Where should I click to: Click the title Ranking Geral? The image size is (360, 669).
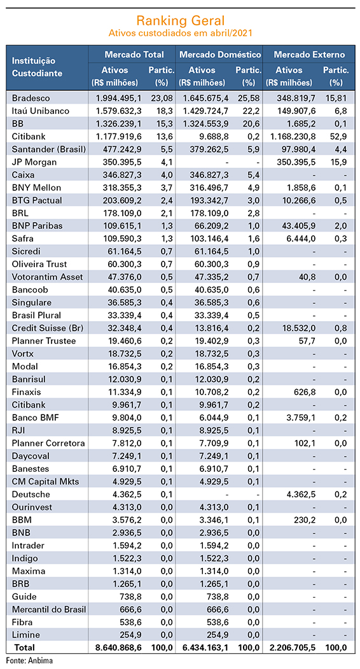tap(180, 20)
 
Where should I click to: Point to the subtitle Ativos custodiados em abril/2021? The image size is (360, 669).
tap(180, 33)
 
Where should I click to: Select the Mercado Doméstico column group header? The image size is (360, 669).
tap(220, 55)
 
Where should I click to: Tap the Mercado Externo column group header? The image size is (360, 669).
tap(309, 55)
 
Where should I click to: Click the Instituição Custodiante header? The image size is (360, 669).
tap(37, 67)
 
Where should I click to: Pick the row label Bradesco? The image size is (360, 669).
tap(31, 98)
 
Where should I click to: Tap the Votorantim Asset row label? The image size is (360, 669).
tap(47, 277)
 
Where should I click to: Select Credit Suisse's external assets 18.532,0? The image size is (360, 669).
tap(297, 328)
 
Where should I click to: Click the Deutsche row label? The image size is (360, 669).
tap(31, 495)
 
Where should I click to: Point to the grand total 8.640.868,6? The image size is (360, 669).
tap(120, 647)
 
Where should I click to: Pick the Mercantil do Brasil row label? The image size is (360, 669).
tap(49, 609)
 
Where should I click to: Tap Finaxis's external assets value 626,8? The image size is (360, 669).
tap(304, 392)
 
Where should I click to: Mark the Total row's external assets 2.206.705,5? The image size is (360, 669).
tap(292, 647)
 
